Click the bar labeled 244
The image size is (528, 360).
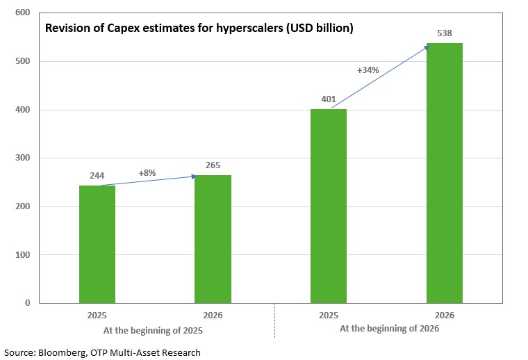pos(97,244)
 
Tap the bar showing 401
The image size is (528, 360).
pos(329,206)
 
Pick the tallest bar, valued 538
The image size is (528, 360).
pos(444,173)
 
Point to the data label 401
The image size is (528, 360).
pos(329,99)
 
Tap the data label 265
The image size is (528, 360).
pos(213,165)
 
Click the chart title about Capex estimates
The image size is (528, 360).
pos(199,29)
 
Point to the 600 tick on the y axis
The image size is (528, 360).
pos(22,13)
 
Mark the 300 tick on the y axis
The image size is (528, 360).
pos(22,158)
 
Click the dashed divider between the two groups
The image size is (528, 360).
pos(275,320)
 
